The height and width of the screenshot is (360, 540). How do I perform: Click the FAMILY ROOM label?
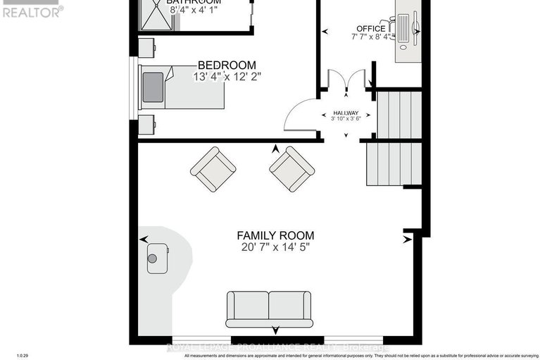click(x=275, y=235)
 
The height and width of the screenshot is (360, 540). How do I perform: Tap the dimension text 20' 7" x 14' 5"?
click(x=275, y=247)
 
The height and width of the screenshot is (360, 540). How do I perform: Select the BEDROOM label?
click(x=226, y=65)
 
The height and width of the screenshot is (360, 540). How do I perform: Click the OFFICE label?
click(x=370, y=29)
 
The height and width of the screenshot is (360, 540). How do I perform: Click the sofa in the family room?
click(x=269, y=309)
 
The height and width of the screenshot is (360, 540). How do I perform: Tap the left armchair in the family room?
click(x=213, y=169)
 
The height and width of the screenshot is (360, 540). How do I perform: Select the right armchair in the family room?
click(x=291, y=169)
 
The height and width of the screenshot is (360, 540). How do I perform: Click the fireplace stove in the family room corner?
click(x=157, y=258)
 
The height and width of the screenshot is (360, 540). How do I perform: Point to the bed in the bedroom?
click(x=182, y=87)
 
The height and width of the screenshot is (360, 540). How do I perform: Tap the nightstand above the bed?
click(x=147, y=48)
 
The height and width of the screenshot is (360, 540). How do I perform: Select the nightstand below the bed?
click(x=147, y=125)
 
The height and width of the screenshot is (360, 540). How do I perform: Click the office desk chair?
click(x=386, y=30)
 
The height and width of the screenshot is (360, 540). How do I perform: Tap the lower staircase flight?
click(x=394, y=163)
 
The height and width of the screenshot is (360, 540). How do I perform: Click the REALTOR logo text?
click(x=32, y=11)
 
